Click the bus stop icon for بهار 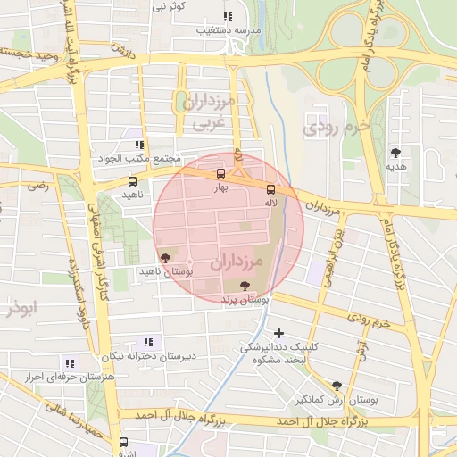(x=221, y=175)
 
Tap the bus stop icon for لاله (x=270, y=189)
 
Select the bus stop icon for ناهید (x=132, y=181)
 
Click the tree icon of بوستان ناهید (x=162, y=257)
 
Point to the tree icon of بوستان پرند (x=245, y=286)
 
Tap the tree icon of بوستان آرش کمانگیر (x=337, y=386)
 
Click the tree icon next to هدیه (x=395, y=153)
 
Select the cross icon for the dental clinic (x=279, y=333)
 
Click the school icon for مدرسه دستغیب (x=228, y=16)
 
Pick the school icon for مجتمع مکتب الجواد (x=138, y=144)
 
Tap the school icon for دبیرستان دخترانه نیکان (x=148, y=341)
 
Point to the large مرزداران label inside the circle (x=238, y=263)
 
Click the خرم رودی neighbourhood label (x=336, y=128)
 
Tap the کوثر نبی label (x=168, y=6)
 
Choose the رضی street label (x=38, y=187)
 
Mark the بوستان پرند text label (x=245, y=301)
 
